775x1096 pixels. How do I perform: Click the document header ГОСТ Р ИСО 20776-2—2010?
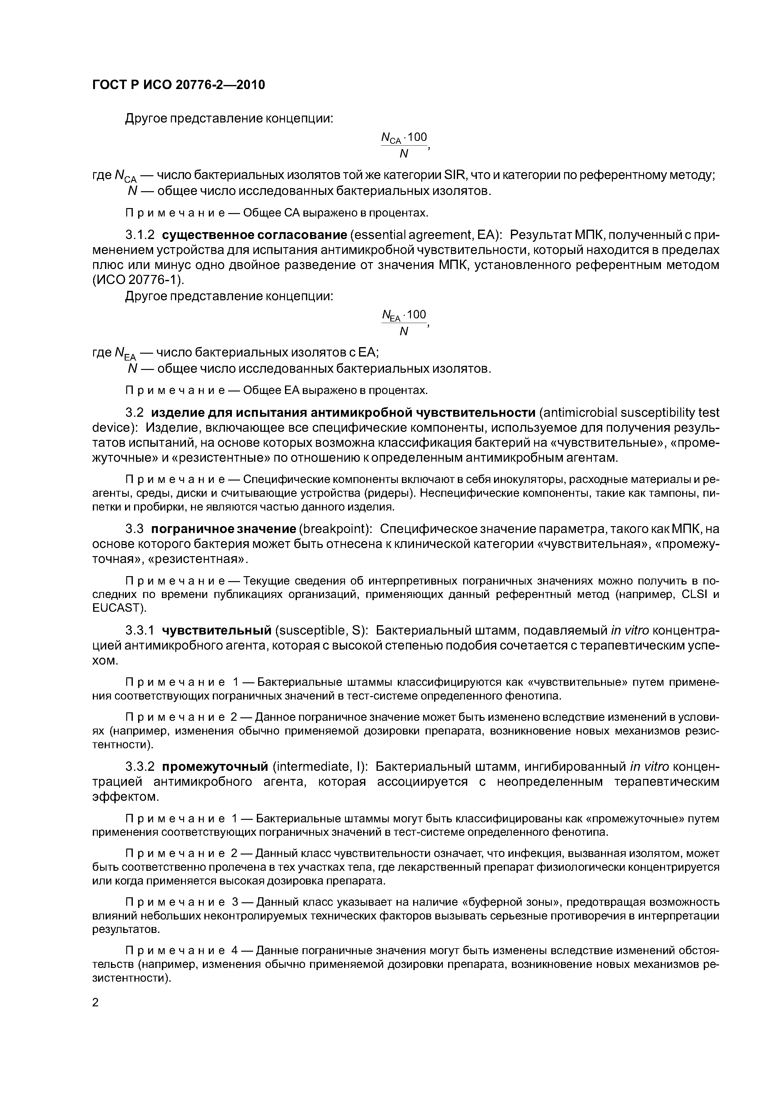pos(178,85)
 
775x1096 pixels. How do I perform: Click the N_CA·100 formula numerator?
pos(404,138)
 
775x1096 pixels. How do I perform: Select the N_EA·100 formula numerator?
pos(404,315)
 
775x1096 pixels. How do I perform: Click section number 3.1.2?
pos(140,235)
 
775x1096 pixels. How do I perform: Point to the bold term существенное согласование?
pos(254,235)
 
